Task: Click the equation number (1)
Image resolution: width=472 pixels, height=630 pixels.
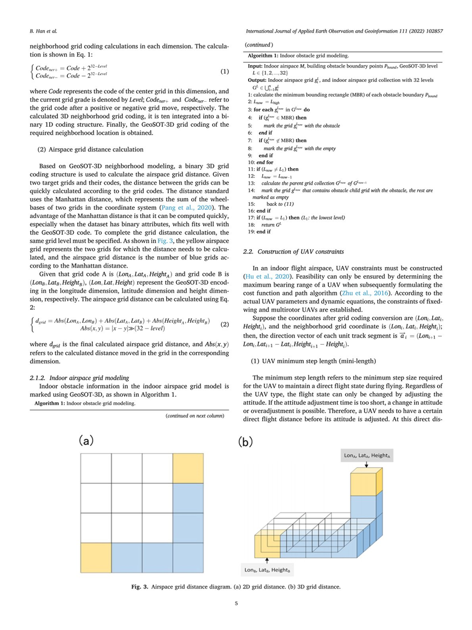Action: [x=224, y=72]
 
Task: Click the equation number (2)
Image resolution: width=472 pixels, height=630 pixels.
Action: [x=224, y=325]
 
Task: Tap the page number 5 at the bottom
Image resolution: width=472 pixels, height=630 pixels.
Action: [x=235, y=604]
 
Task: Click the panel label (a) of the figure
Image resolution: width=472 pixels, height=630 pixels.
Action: [x=86, y=440]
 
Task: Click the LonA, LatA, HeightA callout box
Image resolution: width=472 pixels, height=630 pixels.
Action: [x=365, y=455]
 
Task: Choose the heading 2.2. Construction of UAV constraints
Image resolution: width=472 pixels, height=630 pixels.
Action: [x=293, y=252]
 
